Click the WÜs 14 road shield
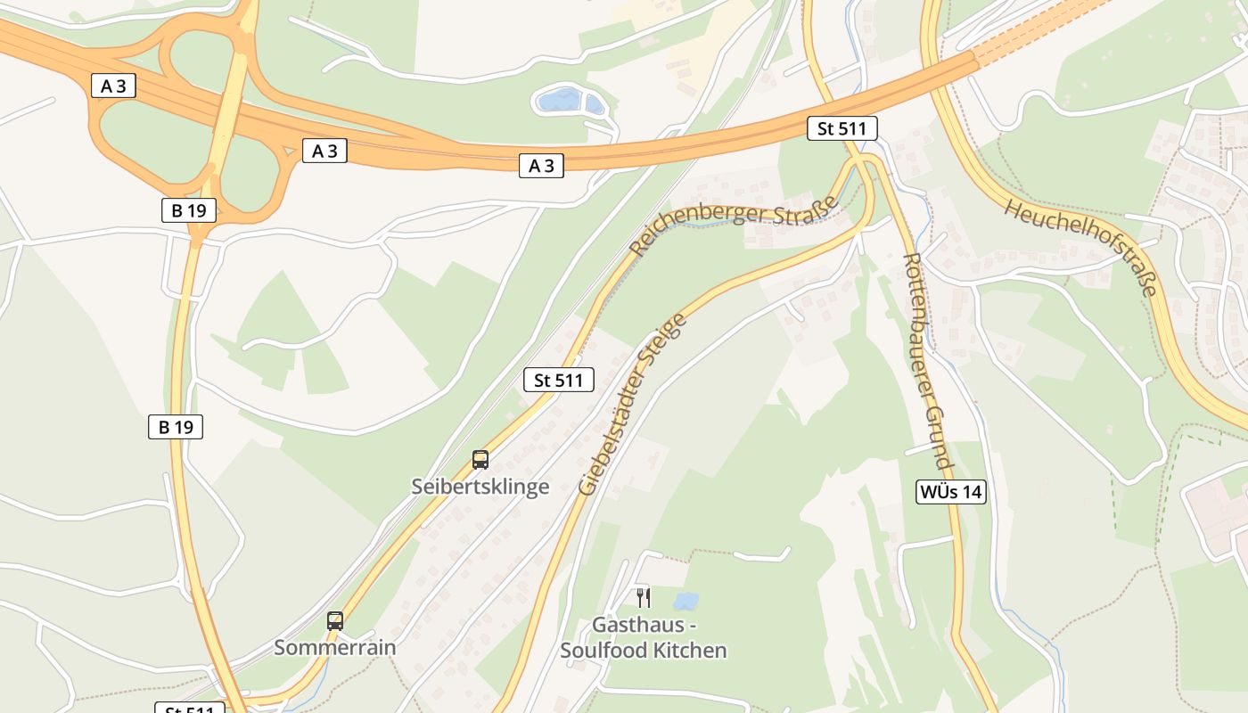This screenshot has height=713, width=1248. pyautogui.click(x=951, y=491)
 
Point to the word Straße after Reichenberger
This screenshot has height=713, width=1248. pyautogui.click(x=809, y=208)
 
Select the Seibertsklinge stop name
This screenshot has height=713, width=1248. pyautogui.click(x=480, y=487)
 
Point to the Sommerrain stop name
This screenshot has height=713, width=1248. pyautogui.click(x=334, y=647)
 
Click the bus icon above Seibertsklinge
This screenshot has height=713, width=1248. pyautogui.click(x=480, y=460)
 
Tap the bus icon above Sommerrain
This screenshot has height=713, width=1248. pyautogui.click(x=335, y=621)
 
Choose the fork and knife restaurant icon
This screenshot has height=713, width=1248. pyautogui.click(x=644, y=598)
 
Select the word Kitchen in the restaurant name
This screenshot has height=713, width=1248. pyautogui.click(x=689, y=650)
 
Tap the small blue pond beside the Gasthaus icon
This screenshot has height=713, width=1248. pyautogui.click(x=686, y=602)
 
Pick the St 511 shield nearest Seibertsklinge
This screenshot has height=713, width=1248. pyautogui.click(x=558, y=381)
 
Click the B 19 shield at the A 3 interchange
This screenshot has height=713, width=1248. pyautogui.click(x=189, y=210)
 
